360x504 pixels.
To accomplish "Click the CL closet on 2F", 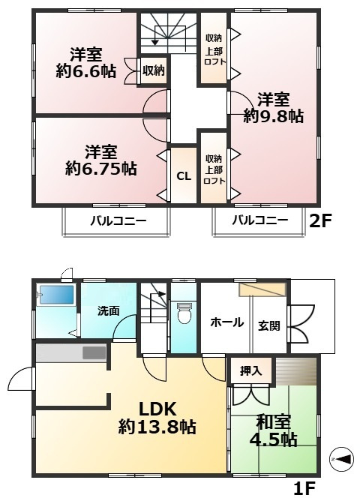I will [183, 176].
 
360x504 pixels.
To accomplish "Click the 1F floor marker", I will [303, 489].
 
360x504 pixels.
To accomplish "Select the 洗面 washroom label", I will [108, 310].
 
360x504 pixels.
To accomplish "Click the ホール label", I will [226, 322].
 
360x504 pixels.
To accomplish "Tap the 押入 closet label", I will [250, 370].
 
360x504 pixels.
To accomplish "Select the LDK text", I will [157, 409].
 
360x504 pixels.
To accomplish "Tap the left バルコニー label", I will [118, 220].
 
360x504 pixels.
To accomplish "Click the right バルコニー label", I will [259, 220].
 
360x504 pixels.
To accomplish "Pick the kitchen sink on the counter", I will [94, 352].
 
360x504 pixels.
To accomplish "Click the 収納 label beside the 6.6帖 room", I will [154, 70].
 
